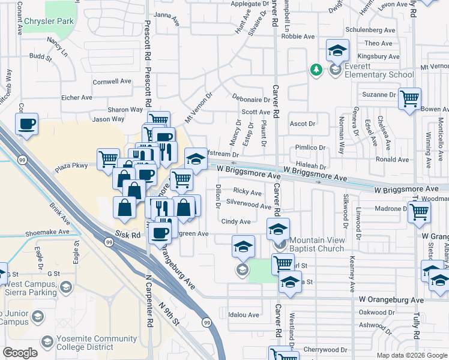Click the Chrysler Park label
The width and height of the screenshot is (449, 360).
click(x=49, y=22)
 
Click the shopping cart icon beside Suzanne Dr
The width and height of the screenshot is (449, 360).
click(x=409, y=98)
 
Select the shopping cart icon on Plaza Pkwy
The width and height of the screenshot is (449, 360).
click(x=108, y=158)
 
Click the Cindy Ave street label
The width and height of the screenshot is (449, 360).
click(x=236, y=222)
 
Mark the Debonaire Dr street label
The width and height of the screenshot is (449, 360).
click(x=251, y=100)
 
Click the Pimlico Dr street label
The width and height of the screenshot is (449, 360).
click(x=310, y=148)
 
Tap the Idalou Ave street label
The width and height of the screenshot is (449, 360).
click(x=244, y=314)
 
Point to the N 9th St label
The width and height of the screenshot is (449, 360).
click(x=170, y=313)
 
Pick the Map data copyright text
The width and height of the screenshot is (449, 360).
click(x=412, y=355)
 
